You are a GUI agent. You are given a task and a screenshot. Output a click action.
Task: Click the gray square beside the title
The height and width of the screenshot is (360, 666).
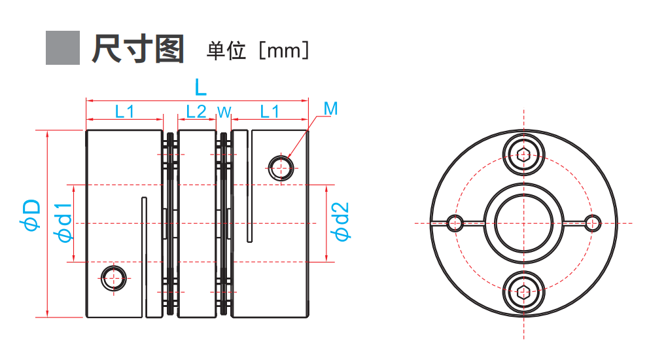click(x=63, y=48)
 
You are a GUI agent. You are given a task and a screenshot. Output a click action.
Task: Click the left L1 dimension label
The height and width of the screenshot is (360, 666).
click(x=124, y=111)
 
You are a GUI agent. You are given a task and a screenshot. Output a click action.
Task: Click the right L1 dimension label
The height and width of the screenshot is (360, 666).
click(x=270, y=111)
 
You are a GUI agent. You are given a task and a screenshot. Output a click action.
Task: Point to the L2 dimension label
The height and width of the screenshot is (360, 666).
click(x=196, y=111)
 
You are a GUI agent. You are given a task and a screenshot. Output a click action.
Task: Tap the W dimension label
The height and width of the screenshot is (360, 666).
click(x=224, y=113)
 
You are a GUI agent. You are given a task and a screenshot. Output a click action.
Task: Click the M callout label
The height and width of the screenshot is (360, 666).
click(x=331, y=109)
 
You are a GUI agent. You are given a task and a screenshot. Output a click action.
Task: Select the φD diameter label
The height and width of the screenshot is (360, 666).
click(x=31, y=215)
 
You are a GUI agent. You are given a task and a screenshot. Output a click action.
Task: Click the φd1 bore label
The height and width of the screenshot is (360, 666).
click(x=64, y=223)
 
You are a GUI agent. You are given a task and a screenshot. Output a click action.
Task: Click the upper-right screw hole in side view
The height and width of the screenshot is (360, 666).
click(x=281, y=167)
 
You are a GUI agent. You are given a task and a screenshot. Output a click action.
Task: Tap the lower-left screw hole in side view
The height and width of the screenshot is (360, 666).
click(x=114, y=278)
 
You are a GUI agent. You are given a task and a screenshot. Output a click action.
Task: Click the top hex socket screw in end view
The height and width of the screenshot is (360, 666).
click(x=524, y=154)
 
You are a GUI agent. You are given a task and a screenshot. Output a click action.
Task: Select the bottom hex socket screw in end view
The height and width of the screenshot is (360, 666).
click(x=524, y=291)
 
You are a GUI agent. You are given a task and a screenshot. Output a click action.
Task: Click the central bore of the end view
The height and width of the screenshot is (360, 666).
click(x=524, y=223)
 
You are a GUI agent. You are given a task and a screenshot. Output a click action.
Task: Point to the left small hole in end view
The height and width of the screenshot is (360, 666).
click(x=455, y=223)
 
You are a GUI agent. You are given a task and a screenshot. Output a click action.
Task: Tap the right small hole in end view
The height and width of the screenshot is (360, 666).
click(x=593, y=223)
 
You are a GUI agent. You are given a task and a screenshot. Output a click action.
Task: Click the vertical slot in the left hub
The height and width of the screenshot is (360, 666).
click(x=145, y=255)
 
